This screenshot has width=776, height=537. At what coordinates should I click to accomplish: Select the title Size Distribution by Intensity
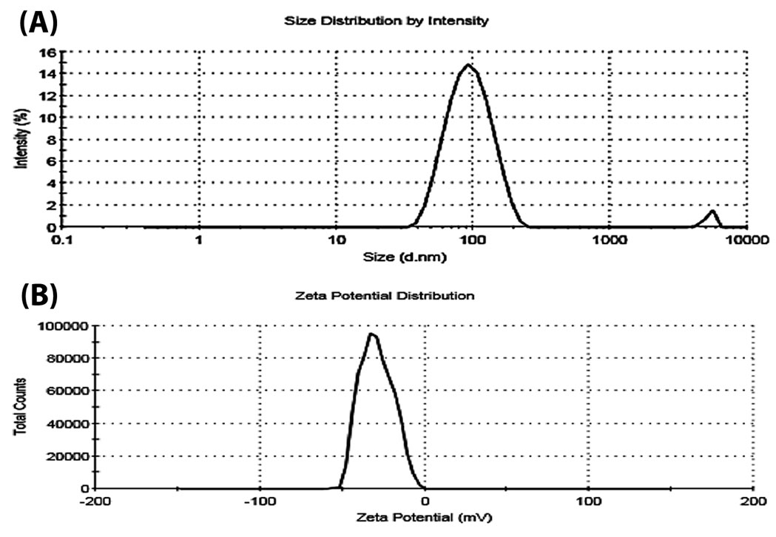pyautogui.click(x=386, y=21)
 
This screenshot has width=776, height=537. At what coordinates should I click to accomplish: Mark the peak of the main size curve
pyautogui.click(x=468, y=65)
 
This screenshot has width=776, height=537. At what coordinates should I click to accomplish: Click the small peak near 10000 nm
pyautogui.click(x=712, y=212)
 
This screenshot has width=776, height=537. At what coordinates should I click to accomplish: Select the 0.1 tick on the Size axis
pyautogui.click(x=65, y=240)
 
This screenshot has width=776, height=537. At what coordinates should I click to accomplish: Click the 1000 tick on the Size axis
pyautogui.click(x=608, y=240)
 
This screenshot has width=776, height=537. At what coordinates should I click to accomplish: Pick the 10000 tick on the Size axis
pyautogui.click(x=746, y=240)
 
